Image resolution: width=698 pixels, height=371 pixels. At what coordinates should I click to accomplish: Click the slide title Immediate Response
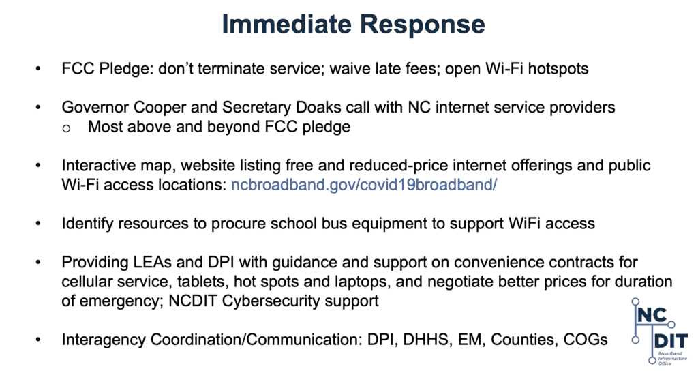pyautogui.click(x=353, y=24)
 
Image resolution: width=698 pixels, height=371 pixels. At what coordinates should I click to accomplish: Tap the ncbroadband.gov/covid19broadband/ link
pyautogui.click(x=364, y=184)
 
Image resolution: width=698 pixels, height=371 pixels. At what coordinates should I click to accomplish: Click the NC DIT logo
pyautogui.click(x=659, y=331)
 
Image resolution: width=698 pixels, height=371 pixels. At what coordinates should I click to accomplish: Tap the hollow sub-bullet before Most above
pyautogui.click(x=66, y=128)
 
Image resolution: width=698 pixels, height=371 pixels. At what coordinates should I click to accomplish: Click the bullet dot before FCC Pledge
pyautogui.click(x=38, y=69)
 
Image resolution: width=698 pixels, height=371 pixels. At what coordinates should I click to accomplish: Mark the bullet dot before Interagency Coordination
pyautogui.click(x=38, y=340)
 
